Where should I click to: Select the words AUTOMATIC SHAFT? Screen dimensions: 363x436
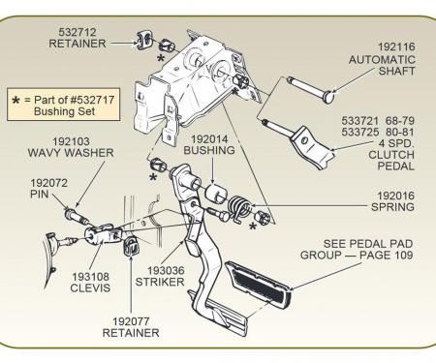pyautogui.click(x=382, y=66)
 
